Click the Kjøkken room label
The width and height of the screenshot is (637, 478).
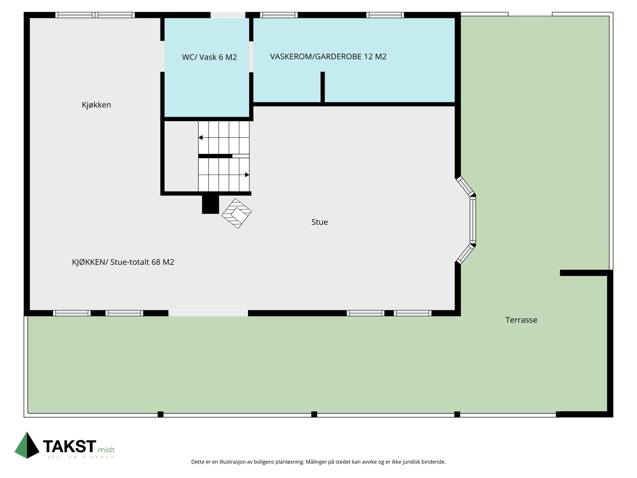(x=96, y=105)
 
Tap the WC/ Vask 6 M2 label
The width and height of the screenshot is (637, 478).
(x=209, y=57)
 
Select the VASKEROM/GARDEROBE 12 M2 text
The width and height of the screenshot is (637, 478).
(x=328, y=57)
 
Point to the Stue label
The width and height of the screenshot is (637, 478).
(x=319, y=222)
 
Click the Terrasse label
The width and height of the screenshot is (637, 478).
(x=521, y=320)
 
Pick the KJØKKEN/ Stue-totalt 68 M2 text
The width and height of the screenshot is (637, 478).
(x=123, y=262)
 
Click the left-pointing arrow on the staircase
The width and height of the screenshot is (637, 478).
(x=201, y=138)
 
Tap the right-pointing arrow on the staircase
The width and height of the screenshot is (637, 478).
(x=247, y=175)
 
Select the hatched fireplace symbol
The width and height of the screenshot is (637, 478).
(x=236, y=213)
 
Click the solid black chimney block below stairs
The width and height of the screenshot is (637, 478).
(x=210, y=204)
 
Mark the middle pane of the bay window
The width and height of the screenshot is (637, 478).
(x=473, y=220)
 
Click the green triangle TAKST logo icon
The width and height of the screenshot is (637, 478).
(x=27, y=445)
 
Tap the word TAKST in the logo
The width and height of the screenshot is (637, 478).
(x=69, y=447)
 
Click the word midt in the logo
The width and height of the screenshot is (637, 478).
(x=106, y=450)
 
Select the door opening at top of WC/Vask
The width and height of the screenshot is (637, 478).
(x=228, y=15)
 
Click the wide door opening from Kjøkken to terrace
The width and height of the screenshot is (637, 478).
(x=208, y=313)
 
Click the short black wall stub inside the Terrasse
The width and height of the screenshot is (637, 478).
(x=584, y=273)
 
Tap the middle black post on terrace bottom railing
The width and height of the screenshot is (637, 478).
(x=314, y=414)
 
